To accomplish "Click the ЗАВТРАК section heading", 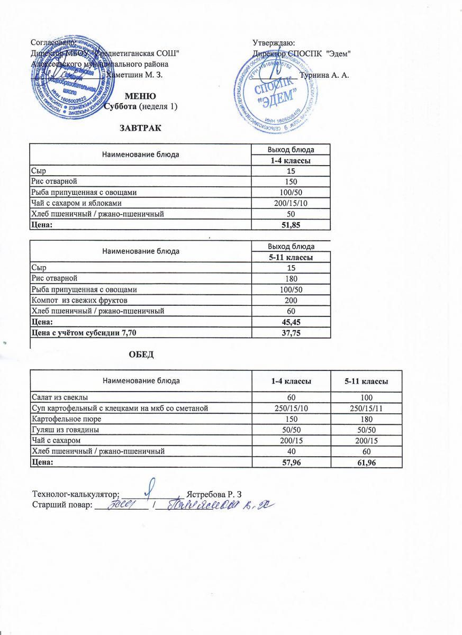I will point(140,129).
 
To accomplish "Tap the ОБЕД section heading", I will point(141,353).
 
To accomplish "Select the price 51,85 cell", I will point(291,225).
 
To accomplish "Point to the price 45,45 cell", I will point(292,321).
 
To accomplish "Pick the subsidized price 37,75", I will point(292,332).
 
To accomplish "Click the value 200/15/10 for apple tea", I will point(291,203).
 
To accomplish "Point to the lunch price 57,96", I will point(291,462).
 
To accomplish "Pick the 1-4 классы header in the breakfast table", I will point(291,160).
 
